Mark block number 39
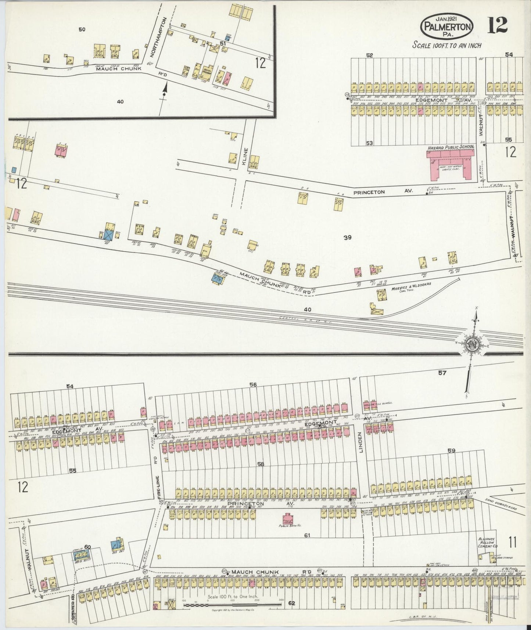click(347, 238)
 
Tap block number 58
click(261, 464)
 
